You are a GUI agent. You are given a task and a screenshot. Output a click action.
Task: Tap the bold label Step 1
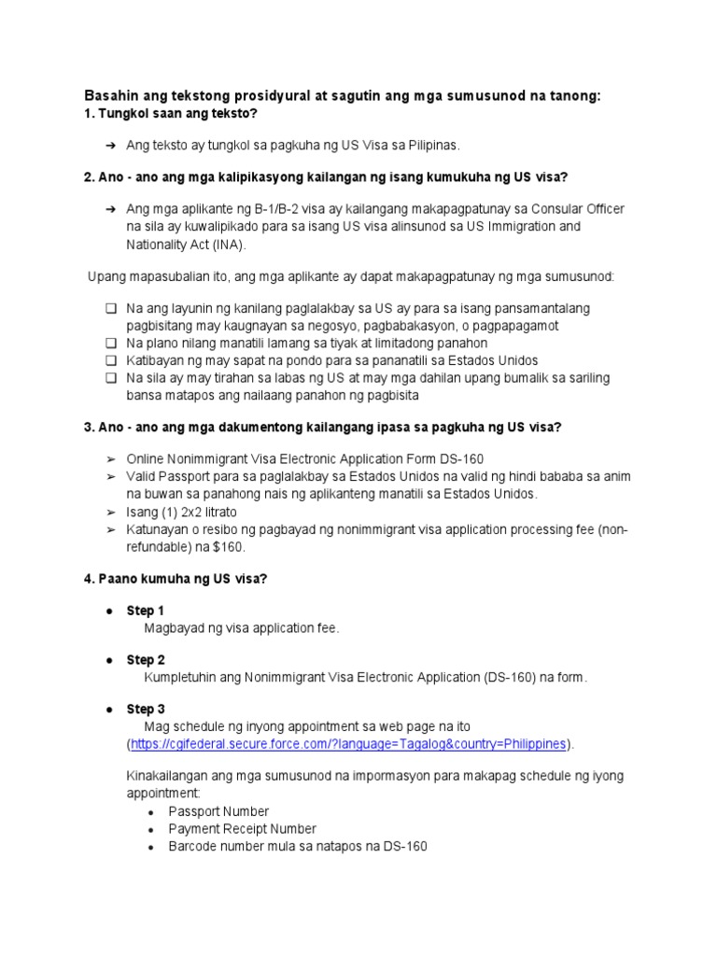[146, 611]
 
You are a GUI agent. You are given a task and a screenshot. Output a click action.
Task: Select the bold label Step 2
[146, 660]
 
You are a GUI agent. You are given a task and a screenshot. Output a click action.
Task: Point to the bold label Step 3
[146, 710]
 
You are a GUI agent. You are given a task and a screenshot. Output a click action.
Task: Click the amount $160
[232, 547]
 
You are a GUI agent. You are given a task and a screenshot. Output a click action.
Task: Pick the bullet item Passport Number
[218, 811]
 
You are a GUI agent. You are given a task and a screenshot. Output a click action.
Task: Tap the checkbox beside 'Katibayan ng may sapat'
[111, 360]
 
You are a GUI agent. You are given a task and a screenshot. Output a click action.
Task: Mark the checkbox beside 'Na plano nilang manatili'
[111, 343]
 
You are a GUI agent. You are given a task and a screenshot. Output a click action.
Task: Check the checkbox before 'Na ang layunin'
[111, 308]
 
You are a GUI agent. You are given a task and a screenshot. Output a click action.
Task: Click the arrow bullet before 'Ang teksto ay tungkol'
[110, 146]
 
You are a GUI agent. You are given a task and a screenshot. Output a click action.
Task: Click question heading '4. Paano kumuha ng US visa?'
[176, 579]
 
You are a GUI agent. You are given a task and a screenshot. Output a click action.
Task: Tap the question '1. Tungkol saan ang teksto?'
[171, 114]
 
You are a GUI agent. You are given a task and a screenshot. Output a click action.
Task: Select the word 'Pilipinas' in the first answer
[432, 146]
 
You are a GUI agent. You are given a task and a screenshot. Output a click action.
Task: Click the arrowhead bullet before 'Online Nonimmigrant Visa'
[110, 459]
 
